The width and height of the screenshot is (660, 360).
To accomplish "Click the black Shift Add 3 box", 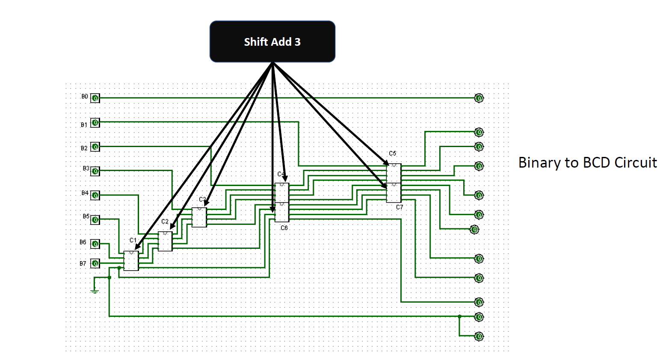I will coord(272,41).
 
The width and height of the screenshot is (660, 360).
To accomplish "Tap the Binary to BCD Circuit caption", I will coord(587,163).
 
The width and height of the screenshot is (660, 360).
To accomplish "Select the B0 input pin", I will coord(95,98).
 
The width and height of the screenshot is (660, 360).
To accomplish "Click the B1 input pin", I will coord(95,123).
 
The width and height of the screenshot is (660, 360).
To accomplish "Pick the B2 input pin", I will coord(95,147).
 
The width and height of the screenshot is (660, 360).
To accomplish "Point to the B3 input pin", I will coord(95,171).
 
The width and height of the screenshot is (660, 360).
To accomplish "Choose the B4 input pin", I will coord(95,195).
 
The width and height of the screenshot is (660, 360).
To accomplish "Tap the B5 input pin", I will coord(95,220).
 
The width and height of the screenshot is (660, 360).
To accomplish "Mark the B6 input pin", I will coord(95,244).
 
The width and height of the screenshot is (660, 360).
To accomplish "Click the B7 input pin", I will coord(95,263).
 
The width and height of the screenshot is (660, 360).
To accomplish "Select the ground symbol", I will coord(95,291).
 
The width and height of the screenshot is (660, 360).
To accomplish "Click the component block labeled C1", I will coord(131,261).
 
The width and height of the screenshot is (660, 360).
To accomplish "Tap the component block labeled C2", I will coord(165,241).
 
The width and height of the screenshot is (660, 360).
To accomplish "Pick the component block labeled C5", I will coord(394,173).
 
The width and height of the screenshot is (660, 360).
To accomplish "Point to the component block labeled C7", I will coord(394,193).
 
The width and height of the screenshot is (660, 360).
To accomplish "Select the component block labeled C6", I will coord(282,212).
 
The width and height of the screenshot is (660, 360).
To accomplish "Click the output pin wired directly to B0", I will coord(479,98).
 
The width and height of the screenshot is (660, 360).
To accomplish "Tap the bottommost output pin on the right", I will coord(479,336).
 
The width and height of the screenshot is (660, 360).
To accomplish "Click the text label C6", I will coord(284,228).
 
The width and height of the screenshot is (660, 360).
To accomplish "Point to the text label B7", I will coord(83,264).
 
